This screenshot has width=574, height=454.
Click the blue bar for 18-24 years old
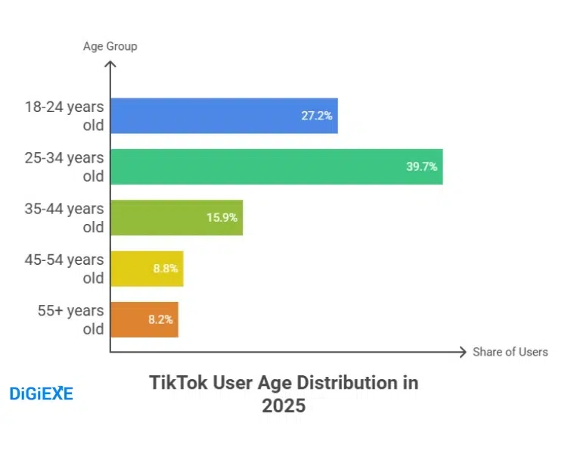(x=224, y=116)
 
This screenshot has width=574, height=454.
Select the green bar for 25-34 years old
(x=276, y=166)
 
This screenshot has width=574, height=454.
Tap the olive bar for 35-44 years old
(x=176, y=217)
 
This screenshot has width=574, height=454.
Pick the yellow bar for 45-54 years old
(x=147, y=269)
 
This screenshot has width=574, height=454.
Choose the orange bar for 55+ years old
(x=144, y=319)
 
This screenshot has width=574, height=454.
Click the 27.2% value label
(x=317, y=116)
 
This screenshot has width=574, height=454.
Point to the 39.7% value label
(x=421, y=166)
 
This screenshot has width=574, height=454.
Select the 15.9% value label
(x=222, y=217)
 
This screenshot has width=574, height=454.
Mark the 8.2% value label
(x=160, y=319)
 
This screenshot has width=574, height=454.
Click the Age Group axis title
(x=110, y=47)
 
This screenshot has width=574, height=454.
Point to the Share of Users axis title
(x=510, y=352)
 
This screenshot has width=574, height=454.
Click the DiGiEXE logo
(x=41, y=393)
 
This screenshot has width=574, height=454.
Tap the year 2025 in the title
(x=284, y=406)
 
